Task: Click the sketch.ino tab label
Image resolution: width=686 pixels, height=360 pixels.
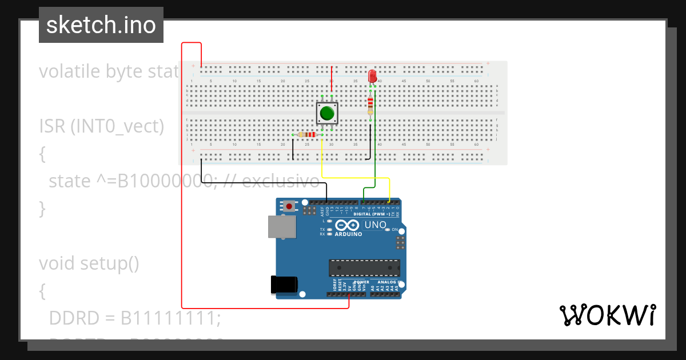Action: tap(101, 25)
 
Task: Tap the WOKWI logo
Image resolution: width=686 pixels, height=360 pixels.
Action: tap(607, 315)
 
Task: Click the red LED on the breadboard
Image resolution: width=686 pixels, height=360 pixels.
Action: tap(372, 76)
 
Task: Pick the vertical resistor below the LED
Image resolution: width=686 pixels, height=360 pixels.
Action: tap(370, 104)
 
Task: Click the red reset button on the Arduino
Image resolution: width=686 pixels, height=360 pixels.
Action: tap(290, 206)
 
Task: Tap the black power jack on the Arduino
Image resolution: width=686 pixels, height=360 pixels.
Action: tap(284, 285)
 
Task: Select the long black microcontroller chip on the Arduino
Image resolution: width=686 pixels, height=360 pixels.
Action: tap(364, 267)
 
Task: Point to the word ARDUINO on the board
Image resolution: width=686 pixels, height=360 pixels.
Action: tap(349, 234)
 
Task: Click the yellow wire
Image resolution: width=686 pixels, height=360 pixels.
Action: tap(354, 178)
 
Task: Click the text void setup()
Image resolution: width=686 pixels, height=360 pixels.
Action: tap(89, 263)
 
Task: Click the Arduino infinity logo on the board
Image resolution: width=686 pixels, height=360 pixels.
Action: tap(349, 225)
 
